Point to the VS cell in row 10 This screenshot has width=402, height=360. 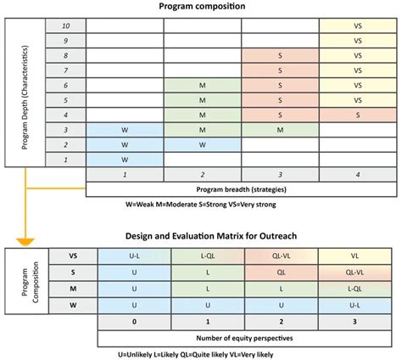coord(356,27)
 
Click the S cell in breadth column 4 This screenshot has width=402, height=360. coord(356,114)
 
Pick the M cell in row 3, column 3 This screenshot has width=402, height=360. coord(279,129)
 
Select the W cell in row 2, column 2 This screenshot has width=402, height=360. coord(202,143)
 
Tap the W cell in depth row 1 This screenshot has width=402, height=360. coord(125,158)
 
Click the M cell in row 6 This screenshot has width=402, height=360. coord(202,85)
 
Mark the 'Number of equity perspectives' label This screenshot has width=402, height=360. coord(241,338)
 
